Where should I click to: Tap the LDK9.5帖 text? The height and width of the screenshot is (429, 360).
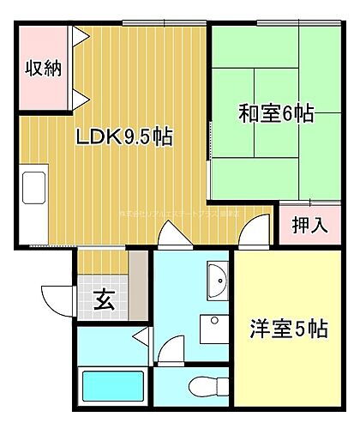[x=125, y=136]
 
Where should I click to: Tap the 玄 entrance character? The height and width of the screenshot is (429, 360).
[x=104, y=300]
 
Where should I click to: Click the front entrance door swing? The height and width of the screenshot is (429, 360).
[x=58, y=297]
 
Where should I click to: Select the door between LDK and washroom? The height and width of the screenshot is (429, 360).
[x=169, y=235]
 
